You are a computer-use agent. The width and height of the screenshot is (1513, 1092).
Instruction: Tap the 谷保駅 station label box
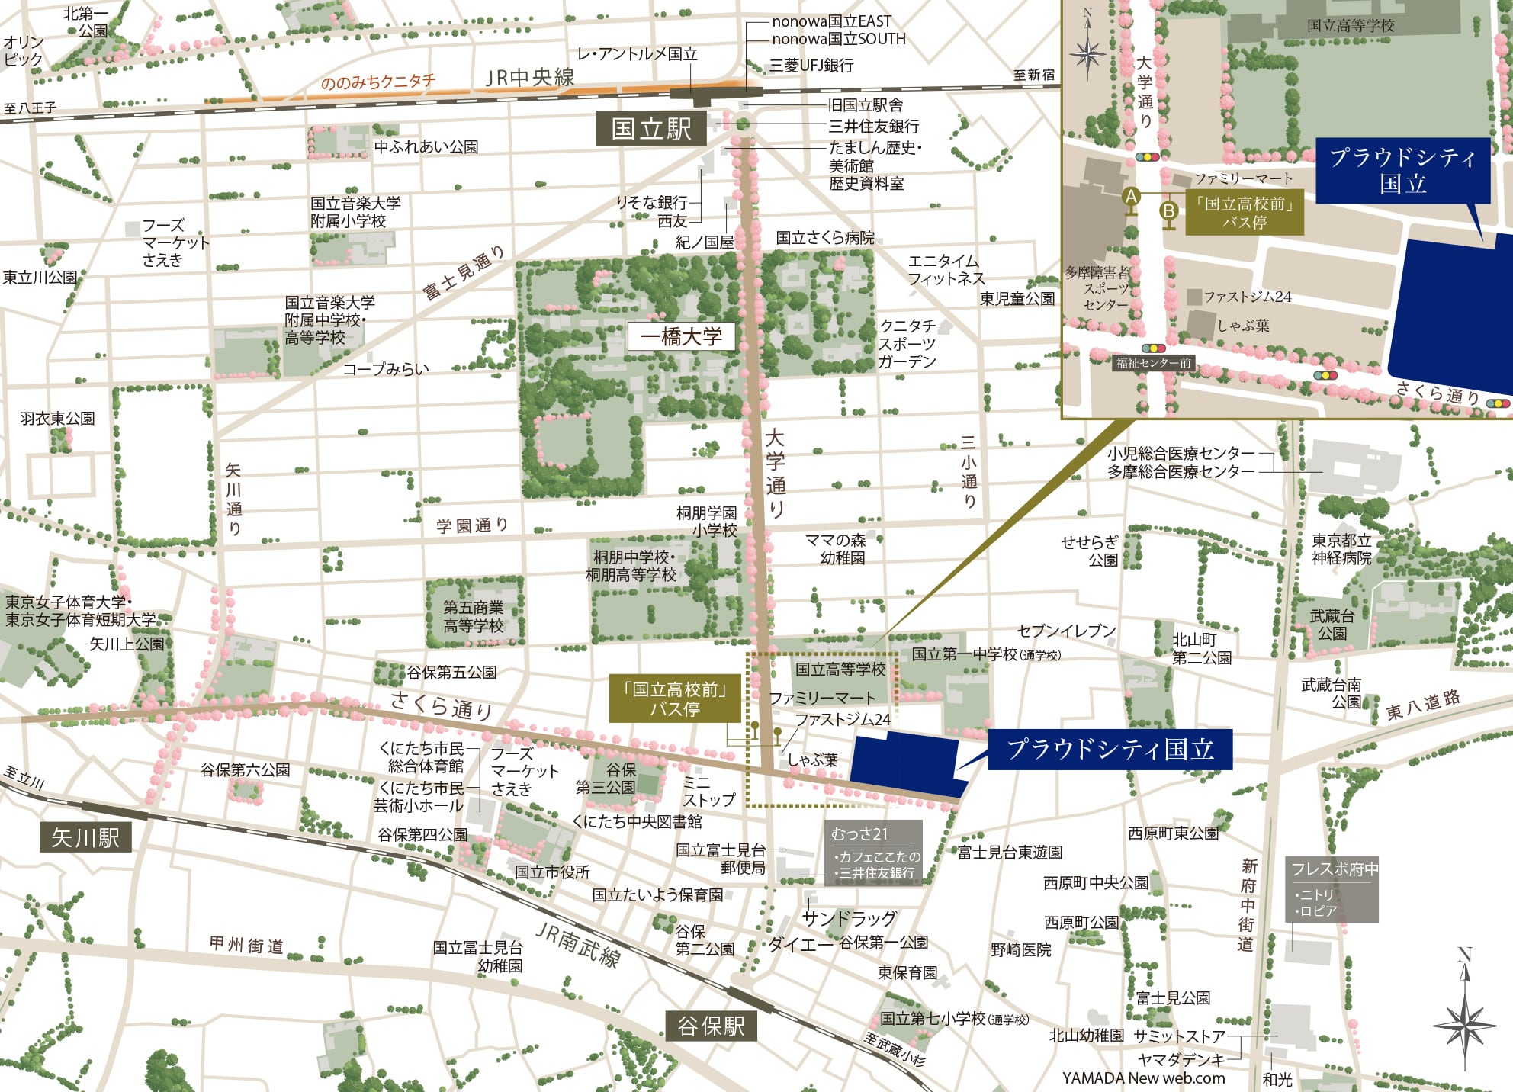click(711, 1026)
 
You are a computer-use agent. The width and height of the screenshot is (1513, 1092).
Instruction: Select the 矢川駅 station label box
click(85, 837)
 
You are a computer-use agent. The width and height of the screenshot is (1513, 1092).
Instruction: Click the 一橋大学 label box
click(681, 336)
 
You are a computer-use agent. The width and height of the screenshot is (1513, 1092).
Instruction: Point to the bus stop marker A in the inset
click(1131, 197)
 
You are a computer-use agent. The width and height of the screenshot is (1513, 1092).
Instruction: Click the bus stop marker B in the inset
click(1168, 210)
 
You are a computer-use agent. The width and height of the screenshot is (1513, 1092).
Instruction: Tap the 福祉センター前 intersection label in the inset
click(1153, 363)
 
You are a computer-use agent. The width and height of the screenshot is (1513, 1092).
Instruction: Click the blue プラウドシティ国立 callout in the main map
click(1110, 749)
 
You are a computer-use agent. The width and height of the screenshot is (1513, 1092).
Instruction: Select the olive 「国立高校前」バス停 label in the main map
click(675, 699)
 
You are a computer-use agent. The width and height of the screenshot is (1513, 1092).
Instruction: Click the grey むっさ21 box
click(874, 853)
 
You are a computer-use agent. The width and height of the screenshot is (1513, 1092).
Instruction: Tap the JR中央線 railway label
click(530, 78)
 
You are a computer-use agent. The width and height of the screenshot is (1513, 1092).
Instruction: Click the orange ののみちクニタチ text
click(377, 82)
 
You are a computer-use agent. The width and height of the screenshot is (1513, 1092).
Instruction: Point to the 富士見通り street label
click(464, 272)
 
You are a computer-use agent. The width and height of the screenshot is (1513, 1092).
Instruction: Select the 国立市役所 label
click(552, 872)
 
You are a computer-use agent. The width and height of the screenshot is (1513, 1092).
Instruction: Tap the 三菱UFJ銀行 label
click(811, 66)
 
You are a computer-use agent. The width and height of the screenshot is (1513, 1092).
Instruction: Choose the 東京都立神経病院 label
click(1341, 549)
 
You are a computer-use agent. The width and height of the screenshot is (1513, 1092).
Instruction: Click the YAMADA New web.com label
click(1143, 1078)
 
